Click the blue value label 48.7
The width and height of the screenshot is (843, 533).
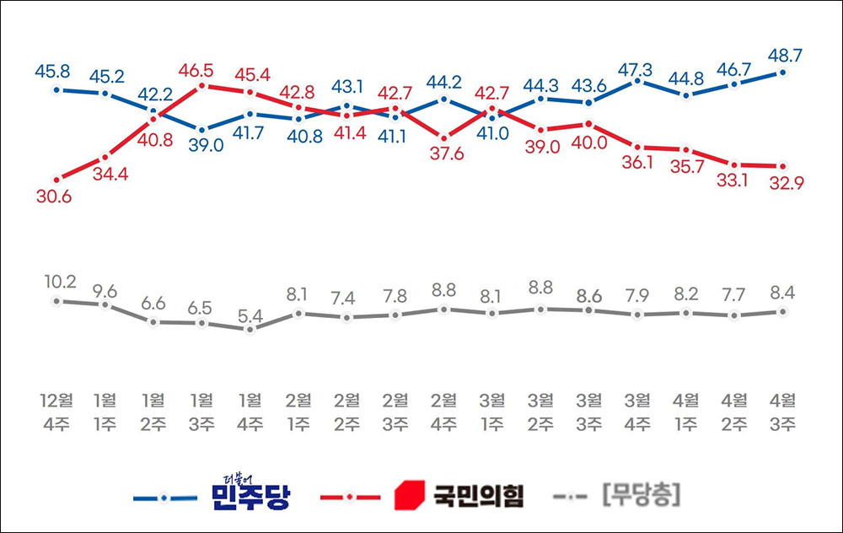tap(784, 55)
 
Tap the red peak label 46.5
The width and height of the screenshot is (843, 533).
tap(201, 68)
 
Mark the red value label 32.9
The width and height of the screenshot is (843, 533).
tap(784, 184)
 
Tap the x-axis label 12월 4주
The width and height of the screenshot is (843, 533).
tap(56, 411)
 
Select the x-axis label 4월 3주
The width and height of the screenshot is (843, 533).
tap(784, 411)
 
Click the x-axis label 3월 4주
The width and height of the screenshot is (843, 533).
tap(638, 411)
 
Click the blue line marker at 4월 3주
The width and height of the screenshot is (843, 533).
tap(784, 73)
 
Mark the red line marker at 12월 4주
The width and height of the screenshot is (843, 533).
tap(56, 179)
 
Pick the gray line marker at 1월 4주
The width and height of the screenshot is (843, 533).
tap(250, 329)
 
